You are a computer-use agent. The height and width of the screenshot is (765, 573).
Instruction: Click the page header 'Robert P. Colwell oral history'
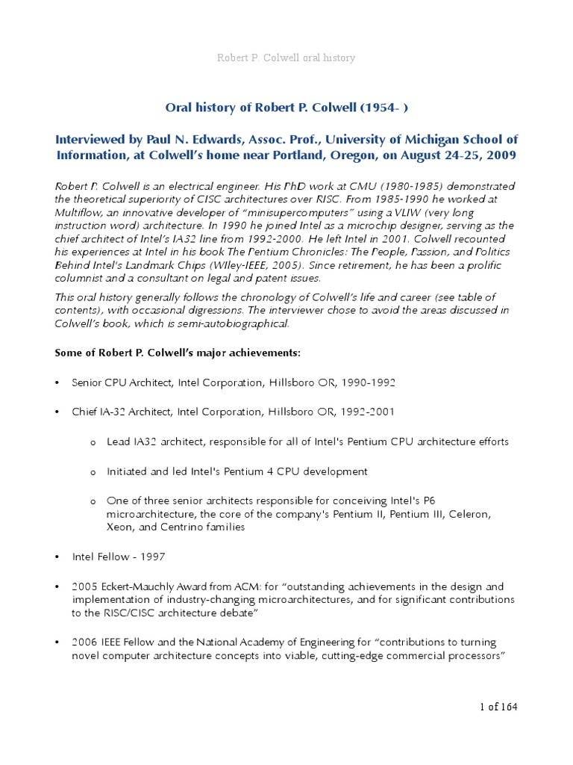(x=286, y=58)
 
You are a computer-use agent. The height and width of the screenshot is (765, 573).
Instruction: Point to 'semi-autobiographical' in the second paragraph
(x=240, y=323)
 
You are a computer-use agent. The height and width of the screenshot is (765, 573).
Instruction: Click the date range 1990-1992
(x=369, y=382)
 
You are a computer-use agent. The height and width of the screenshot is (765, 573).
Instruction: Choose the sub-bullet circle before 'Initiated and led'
(x=93, y=472)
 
